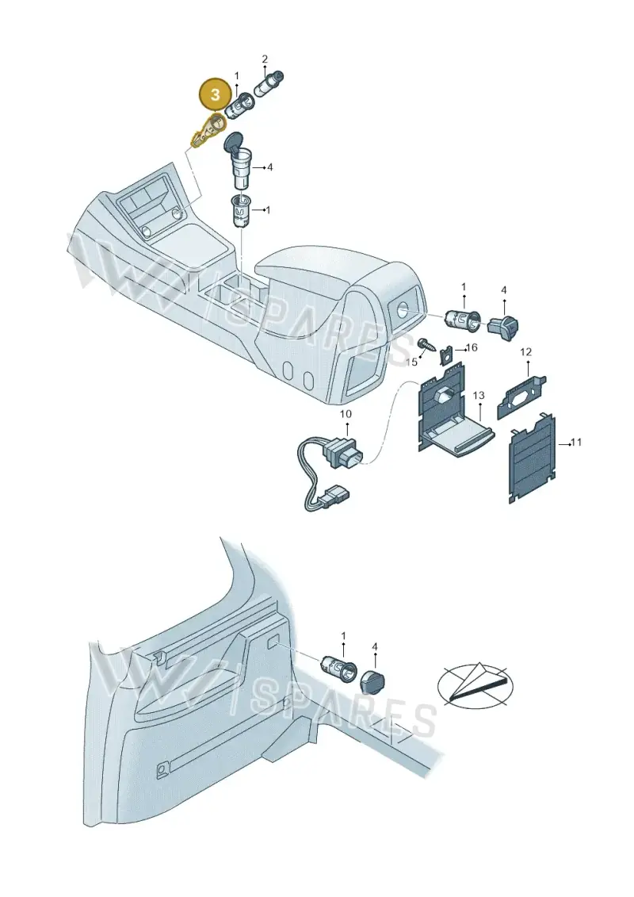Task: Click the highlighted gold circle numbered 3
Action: point(215,94)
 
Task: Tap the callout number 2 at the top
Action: point(265,59)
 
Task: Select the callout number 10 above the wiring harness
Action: point(346,414)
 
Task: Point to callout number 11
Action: point(576,443)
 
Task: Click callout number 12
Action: point(525,352)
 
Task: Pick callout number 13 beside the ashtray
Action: point(479,395)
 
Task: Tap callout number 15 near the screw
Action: point(411,362)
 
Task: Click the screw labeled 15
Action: point(426,344)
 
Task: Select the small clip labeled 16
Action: point(446,356)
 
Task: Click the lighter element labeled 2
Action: point(269,83)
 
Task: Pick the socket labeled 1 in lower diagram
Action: point(340,667)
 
